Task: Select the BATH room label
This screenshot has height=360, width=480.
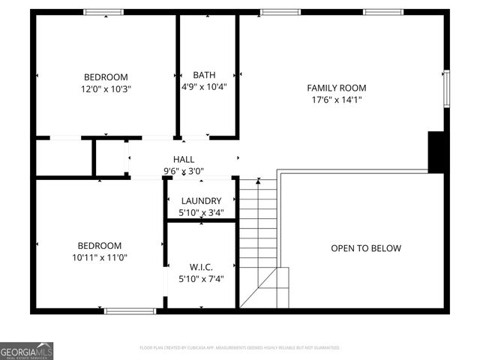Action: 204,75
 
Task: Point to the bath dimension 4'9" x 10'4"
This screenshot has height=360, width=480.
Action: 204,86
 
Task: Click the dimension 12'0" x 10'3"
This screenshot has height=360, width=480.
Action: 106,88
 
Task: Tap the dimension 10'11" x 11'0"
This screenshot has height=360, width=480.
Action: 100,257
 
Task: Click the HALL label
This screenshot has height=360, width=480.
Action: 184,160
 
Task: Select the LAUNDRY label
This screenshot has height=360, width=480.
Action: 200,201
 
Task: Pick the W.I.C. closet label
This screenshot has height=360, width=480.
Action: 201,267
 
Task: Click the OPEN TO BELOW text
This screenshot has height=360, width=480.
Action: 366,248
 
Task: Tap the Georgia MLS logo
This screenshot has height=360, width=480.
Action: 27,350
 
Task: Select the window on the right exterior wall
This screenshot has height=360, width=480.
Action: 445,88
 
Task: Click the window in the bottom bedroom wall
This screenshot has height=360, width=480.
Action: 130,310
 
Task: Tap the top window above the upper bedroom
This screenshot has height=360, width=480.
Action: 103,12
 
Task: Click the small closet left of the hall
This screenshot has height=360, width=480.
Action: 63,157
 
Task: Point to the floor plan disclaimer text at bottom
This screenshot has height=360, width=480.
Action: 240,348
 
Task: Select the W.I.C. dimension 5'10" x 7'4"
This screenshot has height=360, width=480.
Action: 201,279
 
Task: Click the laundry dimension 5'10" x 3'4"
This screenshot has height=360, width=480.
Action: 200,213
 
